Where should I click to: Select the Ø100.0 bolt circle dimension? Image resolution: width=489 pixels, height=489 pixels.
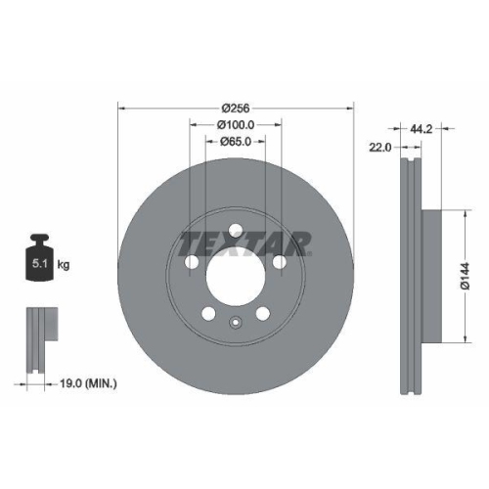coord(235,124)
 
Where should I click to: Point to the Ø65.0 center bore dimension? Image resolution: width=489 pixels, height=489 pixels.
coord(235,142)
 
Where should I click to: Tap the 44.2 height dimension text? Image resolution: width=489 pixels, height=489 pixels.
coord(422,127)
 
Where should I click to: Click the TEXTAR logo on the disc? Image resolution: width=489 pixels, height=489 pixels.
coord(245,243)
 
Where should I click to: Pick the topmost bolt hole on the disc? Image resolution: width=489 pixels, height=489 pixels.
coord(235,231)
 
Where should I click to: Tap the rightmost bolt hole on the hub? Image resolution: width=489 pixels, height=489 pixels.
coord(280,262)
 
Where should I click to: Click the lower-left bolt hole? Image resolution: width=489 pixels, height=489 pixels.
coord(207,315)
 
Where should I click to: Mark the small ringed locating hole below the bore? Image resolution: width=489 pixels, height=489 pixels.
coord(235,324)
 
